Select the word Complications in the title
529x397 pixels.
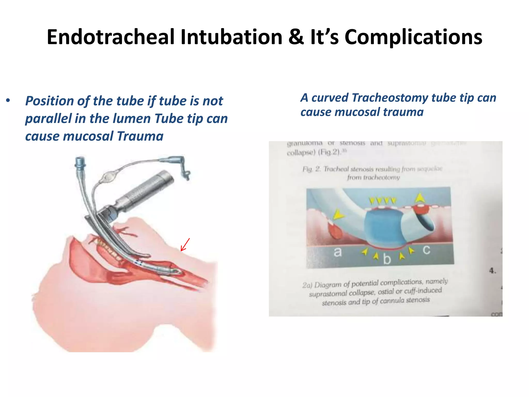413,37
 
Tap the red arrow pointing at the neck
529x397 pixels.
185,245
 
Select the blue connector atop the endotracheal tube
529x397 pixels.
80,162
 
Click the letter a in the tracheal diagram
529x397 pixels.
337,251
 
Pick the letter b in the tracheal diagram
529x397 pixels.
387,259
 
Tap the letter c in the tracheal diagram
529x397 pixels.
426,250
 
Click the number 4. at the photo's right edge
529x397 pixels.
493,271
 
